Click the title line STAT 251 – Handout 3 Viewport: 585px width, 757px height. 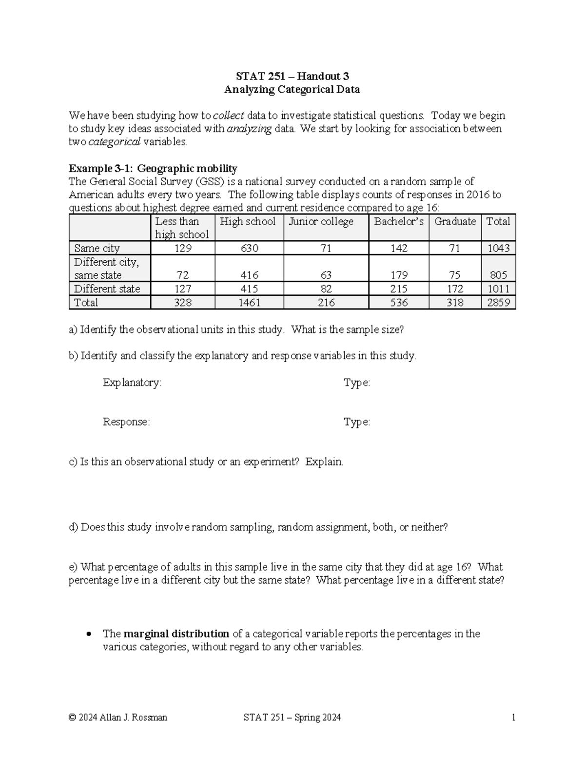click(292, 76)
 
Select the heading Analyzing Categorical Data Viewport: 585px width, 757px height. click(292, 89)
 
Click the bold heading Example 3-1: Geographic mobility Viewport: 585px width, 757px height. click(153, 169)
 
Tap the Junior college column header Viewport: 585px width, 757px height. click(321, 222)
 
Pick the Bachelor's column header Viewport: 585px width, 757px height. click(399, 222)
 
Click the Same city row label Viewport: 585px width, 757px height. click(97, 248)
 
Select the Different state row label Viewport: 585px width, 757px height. click(107, 289)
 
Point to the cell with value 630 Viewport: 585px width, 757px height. click(249, 248)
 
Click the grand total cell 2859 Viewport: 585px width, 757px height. click(498, 303)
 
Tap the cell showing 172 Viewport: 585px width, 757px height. click(454, 289)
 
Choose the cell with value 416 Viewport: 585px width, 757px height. click(249, 275)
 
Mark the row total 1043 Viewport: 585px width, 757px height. click(498, 248)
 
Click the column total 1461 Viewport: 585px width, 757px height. click(249, 303)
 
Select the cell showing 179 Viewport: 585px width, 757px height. click(399, 275)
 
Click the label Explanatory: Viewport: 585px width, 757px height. click(132, 383)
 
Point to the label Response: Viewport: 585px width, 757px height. click(126, 422)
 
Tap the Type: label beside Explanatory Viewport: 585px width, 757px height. click(357, 383)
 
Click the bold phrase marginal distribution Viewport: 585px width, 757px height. click(176, 634)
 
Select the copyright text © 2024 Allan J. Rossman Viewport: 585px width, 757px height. click(118, 717)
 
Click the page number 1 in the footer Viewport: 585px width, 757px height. click(513, 717)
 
